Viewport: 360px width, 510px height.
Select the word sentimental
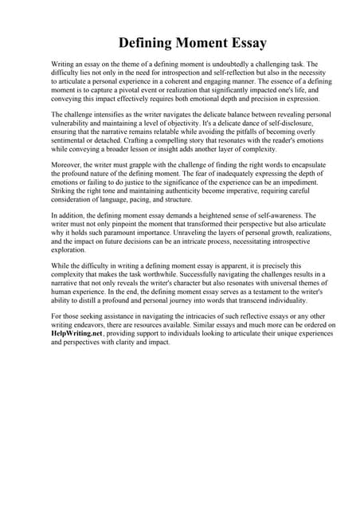[x=72, y=142]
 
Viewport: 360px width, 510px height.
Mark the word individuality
[x=280, y=301]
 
